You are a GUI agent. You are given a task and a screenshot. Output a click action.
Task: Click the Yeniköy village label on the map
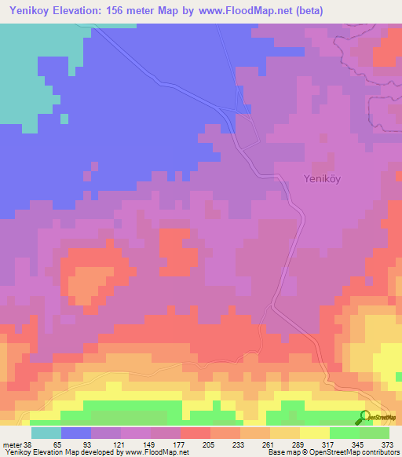[x=321, y=178]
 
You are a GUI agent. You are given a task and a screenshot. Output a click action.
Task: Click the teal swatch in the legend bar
[x=46, y=433]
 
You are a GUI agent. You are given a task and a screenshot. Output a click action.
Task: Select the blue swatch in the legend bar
[x=76, y=433]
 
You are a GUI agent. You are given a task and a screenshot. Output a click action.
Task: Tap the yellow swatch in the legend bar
[x=315, y=433]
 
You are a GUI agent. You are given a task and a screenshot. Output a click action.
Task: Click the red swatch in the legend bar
[x=196, y=433]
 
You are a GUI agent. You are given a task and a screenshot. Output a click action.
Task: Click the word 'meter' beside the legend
[x=13, y=444]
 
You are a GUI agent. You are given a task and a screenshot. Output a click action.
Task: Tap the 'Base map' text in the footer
[x=281, y=452]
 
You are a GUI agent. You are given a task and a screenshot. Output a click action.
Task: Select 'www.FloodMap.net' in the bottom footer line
[x=153, y=452]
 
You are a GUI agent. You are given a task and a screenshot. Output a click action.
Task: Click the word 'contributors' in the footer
[x=382, y=452]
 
